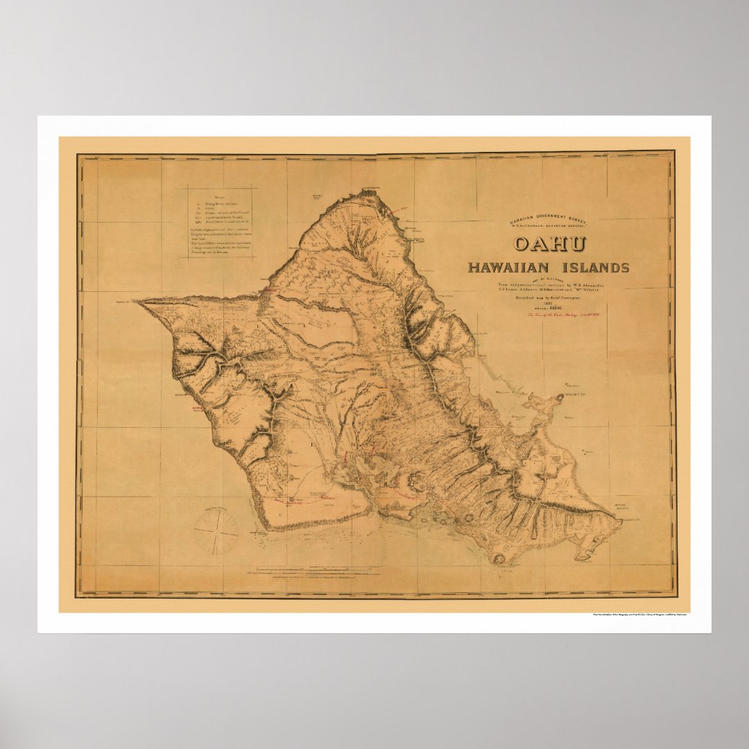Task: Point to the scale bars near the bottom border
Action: [312, 571]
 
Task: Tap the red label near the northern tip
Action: [399, 208]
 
